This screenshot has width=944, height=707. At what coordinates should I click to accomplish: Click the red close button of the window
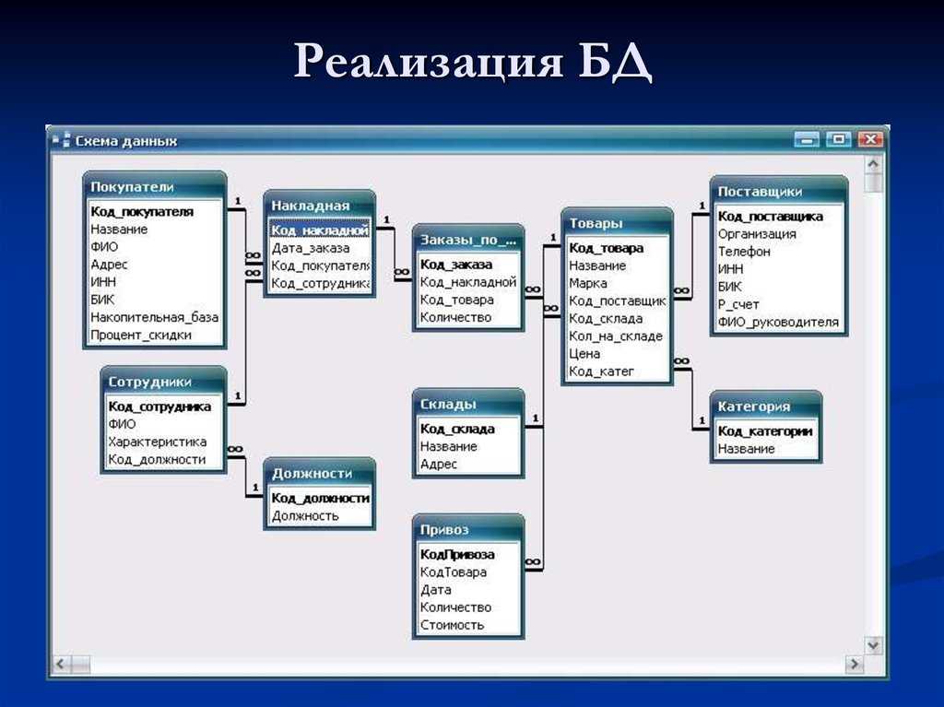point(869,140)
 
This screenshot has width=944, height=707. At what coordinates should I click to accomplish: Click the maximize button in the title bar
point(838,140)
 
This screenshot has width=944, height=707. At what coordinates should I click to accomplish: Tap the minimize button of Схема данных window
point(807,140)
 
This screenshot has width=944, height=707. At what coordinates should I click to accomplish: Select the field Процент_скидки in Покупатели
point(141,335)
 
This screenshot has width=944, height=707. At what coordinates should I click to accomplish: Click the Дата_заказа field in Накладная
point(310,248)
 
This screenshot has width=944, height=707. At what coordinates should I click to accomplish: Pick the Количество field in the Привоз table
point(455,607)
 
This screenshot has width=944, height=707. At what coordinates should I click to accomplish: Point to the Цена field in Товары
point(584,354)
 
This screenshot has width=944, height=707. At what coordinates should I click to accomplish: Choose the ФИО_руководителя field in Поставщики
point(778,323)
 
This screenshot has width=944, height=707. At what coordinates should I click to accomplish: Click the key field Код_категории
point(764,431)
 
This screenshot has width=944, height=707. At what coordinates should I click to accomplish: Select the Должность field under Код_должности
point(304,516)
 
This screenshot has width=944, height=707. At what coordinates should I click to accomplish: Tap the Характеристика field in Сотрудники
point(157,442)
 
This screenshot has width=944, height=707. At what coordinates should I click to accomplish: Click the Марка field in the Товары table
point(587,283)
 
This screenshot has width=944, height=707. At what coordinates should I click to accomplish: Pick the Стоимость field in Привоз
point(452,625)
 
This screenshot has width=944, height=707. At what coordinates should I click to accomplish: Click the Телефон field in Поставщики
point(744,252)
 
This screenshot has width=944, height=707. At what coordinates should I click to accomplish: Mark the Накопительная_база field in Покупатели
point(154,317)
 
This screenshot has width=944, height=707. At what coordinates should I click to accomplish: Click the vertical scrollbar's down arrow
point(873,645)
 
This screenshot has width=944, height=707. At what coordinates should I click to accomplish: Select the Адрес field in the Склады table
point(438,465)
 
